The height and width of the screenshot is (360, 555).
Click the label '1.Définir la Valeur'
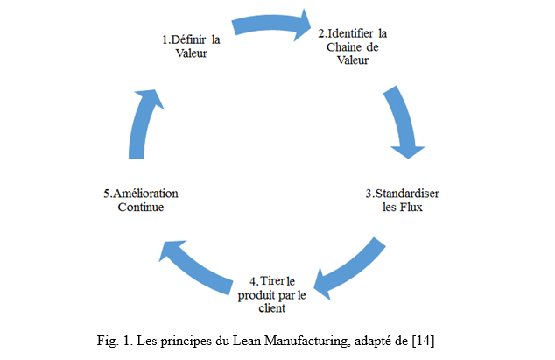click(x=191, y=46)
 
